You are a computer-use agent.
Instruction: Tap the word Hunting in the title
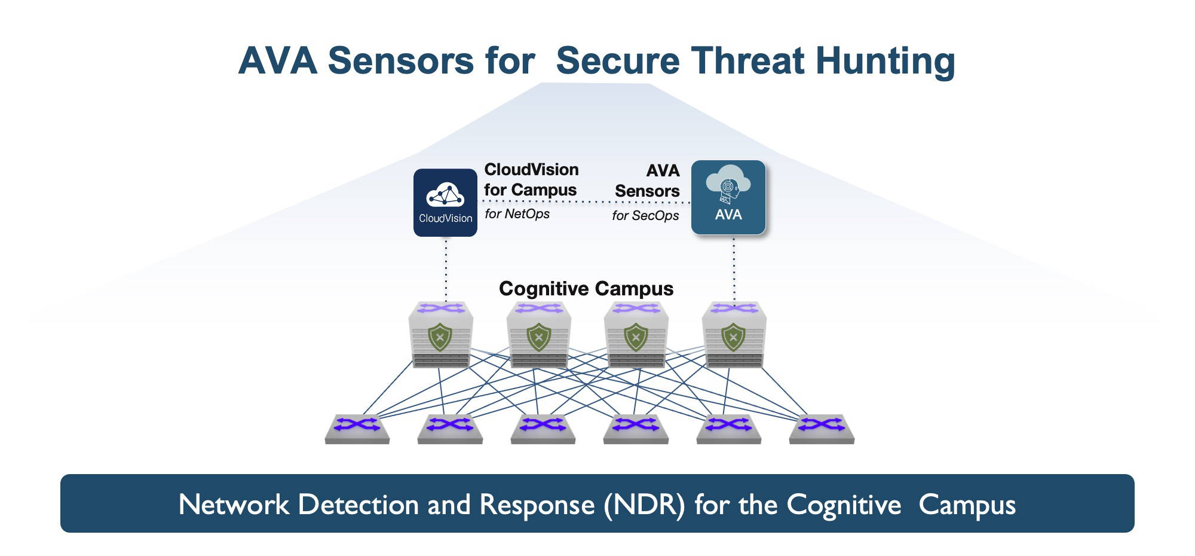pyautogui.click(x=885, y=62)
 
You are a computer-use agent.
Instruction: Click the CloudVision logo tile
pyautogui.click(x=445, y=202)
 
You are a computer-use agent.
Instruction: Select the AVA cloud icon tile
pyautogui.click(x=728, y=197)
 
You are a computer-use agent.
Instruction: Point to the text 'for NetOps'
pyautogui.click(x=517, y=214)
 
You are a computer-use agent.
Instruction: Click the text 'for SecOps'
pyautogui.click(x=645, y=216)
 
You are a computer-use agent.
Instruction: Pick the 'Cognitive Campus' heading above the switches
pyautogui.click(x=586, y=289)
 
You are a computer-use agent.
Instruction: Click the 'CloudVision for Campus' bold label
pyautogui.click(x=531, y=179)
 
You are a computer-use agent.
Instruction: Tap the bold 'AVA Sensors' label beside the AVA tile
pyautogui.click(x=648, y=181)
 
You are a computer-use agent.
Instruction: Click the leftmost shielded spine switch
pyautogui.click(x=440, y=335)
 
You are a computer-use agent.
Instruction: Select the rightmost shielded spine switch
pyautogui.click(x=734, y=335)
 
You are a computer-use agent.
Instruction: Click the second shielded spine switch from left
pyautogui.click(x=538, y=335)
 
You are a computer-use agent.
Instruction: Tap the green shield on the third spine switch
pyautogui.click(x=636, y=337)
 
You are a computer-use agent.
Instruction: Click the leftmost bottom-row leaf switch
pyautogui.click(x=357, y=429)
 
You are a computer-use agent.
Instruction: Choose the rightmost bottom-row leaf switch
pyautogui.click(x=822, y=429)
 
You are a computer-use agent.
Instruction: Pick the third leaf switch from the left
pyautogui.click(x=543, y=429)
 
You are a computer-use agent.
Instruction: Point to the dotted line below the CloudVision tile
pyautogui.click(x=446, y=269)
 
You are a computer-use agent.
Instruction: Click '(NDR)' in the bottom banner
pyautogui.click(x=644, y=505)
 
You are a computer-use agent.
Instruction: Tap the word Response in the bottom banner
pyautogui.click(x=537, y=505)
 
